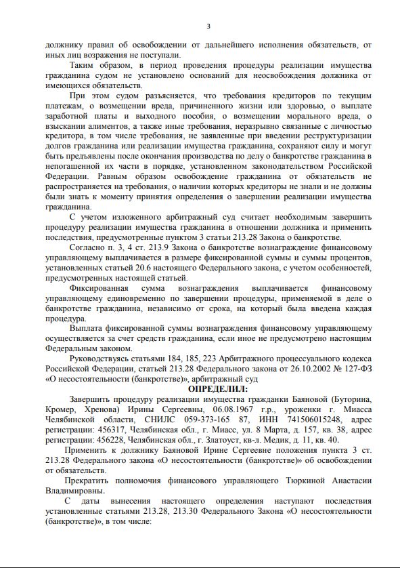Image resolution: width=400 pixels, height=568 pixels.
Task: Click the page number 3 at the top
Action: tap(208, 26)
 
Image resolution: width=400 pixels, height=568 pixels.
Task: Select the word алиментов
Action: tap(110, 126)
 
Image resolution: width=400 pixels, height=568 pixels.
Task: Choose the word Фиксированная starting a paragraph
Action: tap(101, 287)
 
